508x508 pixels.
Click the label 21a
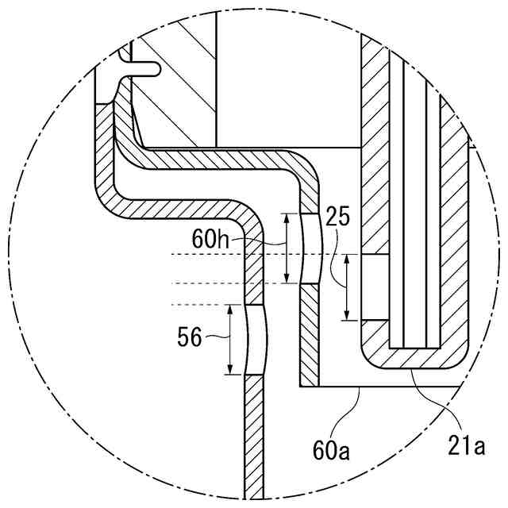(468, 447)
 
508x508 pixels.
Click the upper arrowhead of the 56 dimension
(229, 308)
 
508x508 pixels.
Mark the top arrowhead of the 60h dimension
(287, 217)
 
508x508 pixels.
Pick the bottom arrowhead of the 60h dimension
(287, 280)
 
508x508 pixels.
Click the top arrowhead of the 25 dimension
(347, 258)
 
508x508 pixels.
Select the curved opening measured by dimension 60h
(310, 248)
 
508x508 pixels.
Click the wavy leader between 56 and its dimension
(216, 337)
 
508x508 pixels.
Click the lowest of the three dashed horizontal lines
(206, 303)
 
